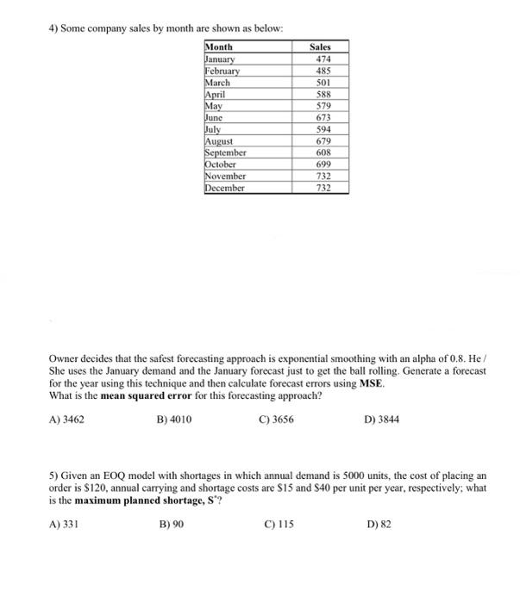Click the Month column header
tap(220, 47)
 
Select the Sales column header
tap(319, 47)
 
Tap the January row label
tap(221, 59)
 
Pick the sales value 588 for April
tap(319, 94)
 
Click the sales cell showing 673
tap(319, 117)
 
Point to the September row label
tap(225, 152)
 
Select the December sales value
tap(319, 187)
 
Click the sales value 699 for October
tap(319, 164)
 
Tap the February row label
tap(222, 71)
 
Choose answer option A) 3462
tap(66, 420)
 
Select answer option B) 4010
tap(175, 420)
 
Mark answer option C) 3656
tap(277, 420)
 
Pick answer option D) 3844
tap(382, 420)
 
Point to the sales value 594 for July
tap(319, 129)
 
